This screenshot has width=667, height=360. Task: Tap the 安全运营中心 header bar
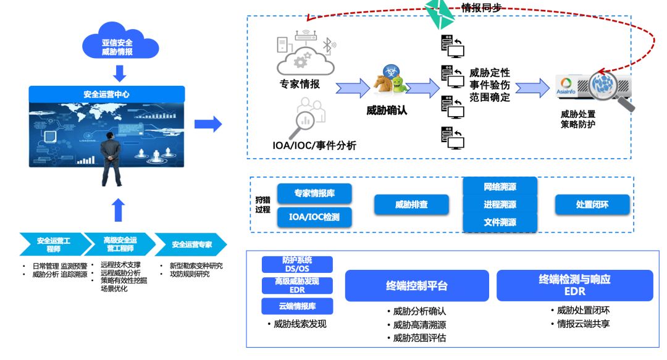click(107, 94)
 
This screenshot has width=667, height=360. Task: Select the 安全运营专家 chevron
click(191, 245)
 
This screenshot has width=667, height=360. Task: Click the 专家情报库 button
click(314, 193)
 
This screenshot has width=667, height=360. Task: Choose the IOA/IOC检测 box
click(314, 217)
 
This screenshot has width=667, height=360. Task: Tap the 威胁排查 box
click(411, 204)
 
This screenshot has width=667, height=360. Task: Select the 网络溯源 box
click(500, 186)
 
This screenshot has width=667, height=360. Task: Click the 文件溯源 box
click(500, 222)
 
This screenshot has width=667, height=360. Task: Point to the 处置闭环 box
click(592, 204)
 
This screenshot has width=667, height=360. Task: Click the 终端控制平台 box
click(417, 286)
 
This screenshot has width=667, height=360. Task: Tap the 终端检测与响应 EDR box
click(574, 285)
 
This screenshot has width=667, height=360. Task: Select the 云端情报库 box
click(297, 306)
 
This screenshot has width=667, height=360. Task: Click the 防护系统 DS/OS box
click(297, 264)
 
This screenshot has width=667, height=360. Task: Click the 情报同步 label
click(481, 7)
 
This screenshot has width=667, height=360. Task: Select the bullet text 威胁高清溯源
click(420, 325)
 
